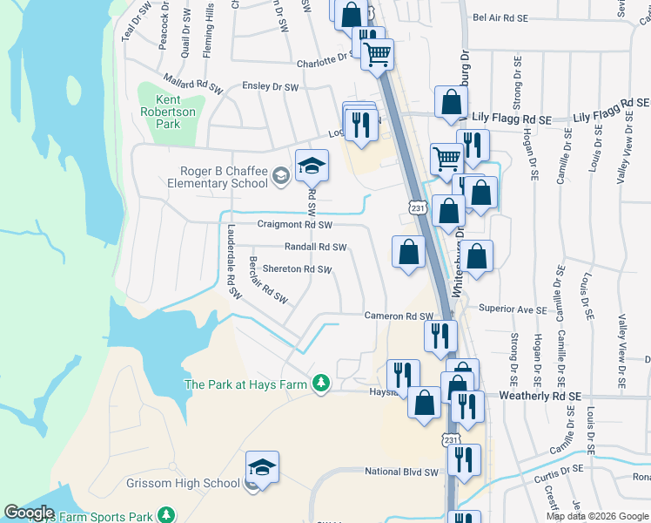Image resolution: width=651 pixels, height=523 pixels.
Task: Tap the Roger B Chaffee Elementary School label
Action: (211, 177)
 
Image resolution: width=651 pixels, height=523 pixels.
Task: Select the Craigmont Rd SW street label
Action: (295, 225)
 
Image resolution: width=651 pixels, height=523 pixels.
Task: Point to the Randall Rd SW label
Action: (315, 248)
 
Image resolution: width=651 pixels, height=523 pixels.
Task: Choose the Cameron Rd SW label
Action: (398, 316)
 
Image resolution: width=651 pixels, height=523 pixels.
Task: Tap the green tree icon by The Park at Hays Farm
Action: (321, 384)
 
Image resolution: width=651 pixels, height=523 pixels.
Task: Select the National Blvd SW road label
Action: (400, 472)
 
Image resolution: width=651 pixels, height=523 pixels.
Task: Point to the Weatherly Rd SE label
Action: (540, 396)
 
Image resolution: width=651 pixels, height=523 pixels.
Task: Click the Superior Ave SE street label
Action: (513, 309)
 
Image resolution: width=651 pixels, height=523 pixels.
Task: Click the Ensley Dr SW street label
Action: (270, 87)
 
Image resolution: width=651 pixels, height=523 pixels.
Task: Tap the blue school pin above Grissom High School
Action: (262, 467)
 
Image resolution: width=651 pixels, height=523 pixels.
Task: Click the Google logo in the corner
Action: (29, 513)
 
